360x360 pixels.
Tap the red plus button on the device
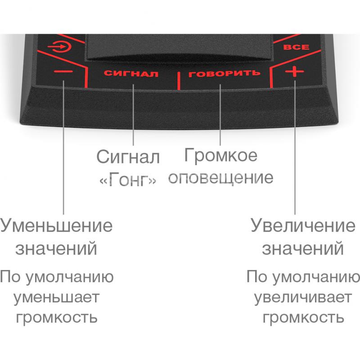click(x=295, y=72)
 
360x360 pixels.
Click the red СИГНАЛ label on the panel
click(x=131, y=73)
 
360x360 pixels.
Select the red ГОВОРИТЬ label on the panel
click(x=224, y=73)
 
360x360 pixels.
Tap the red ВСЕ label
click(x=296, y=47)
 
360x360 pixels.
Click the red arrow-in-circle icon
click(x=59, y=47)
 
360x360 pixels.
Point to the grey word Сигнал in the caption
click(x=128, y=157)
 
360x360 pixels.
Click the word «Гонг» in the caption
click(x=128, y=179)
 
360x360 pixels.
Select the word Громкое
click(x=220, y=155)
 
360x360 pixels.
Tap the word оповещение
click(x=221, y=178)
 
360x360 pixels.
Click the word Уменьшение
click(x=57, y=225)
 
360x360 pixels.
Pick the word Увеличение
click(x=303, y=225)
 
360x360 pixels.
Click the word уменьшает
click(x=57, y=297)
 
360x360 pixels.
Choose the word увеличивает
click(x=303, y=297)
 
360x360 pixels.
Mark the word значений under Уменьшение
click(x=56, y=249)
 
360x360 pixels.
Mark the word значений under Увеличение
click(x=303, y=249)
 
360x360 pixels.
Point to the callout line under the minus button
click(x=63, y=147)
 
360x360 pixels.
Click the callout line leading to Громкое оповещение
click(x=220, y=115)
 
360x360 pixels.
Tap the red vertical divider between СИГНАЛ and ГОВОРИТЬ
click(x=179, y=81)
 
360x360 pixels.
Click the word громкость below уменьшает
click(x=57, y=318)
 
